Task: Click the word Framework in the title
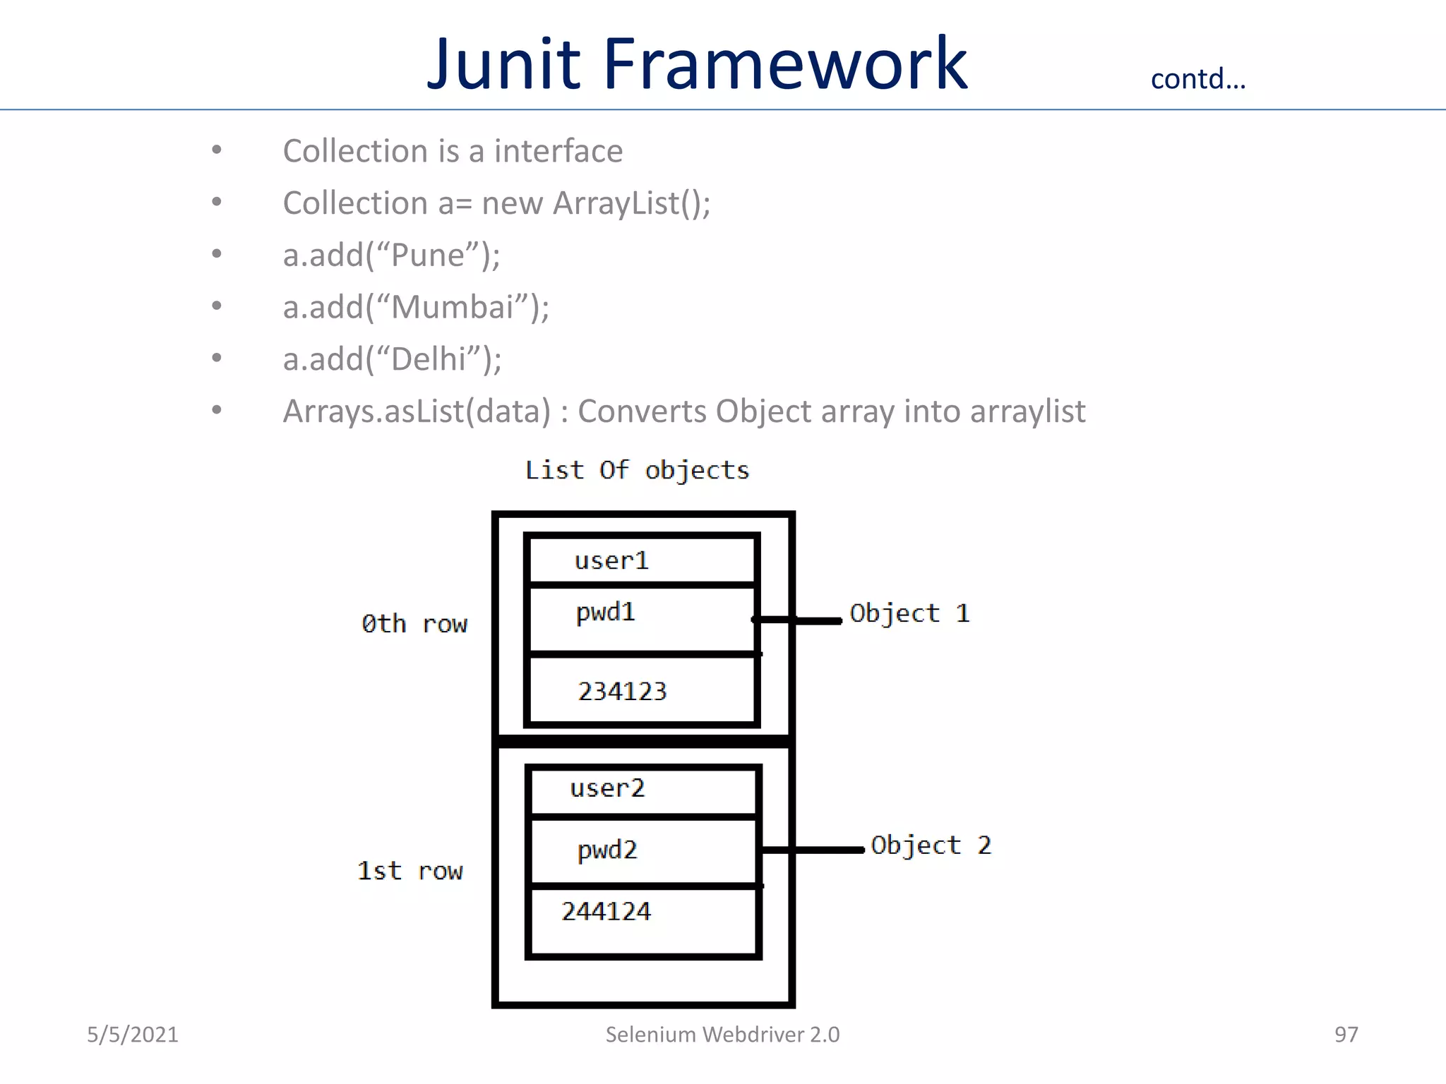[x=784, y=64]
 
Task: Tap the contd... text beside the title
[x=1197, y=79]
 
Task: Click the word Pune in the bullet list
[x=427, y=255]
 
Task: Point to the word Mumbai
[x=452, y=308]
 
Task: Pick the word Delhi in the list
[x=428, y=359]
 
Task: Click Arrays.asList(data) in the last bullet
[x=416, y=411]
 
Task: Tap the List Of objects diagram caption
[x=637, y=470]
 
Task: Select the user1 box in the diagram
[x=641, y=561]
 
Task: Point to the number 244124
[x=606, y=912]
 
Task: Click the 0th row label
[x=414, y=624]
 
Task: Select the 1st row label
[x=410, y=871]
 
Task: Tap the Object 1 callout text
[x=909, y=613]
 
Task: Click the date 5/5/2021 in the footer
[x=133, y=1035]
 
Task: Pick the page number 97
[x=1346, y=1035]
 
